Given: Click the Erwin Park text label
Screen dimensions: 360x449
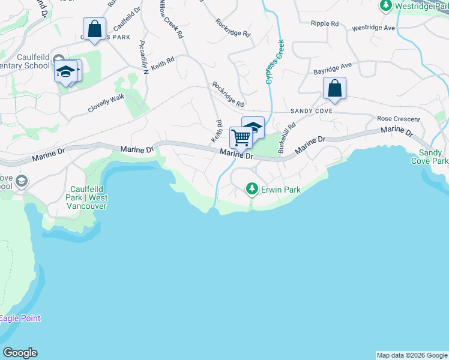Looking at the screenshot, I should pos(280,190).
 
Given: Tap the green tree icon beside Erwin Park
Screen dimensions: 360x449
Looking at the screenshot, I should pos(252,190).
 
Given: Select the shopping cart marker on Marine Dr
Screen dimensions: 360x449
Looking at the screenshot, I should pos(241,137).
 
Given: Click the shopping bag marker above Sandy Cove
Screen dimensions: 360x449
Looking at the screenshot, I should pos(334,89).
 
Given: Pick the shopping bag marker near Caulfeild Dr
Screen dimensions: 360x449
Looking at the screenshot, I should pos(94,29).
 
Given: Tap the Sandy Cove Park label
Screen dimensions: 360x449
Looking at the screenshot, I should pos(430,157).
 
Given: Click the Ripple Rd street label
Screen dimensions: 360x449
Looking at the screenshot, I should pos(325,23).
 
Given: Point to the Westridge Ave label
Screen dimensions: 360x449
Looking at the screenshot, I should pos(373,28).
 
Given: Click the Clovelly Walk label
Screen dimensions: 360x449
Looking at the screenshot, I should pos(106,103).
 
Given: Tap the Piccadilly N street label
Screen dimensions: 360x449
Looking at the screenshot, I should pos(143,58).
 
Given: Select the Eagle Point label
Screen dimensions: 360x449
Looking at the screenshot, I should pos(20,318).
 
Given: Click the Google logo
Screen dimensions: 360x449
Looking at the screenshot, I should pos(20,353).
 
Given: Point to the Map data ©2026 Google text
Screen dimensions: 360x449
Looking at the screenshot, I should pos(412,355).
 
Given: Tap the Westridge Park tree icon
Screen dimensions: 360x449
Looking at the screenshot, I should pos(385,5).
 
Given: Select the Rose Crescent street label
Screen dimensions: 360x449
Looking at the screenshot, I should pos(398,119).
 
